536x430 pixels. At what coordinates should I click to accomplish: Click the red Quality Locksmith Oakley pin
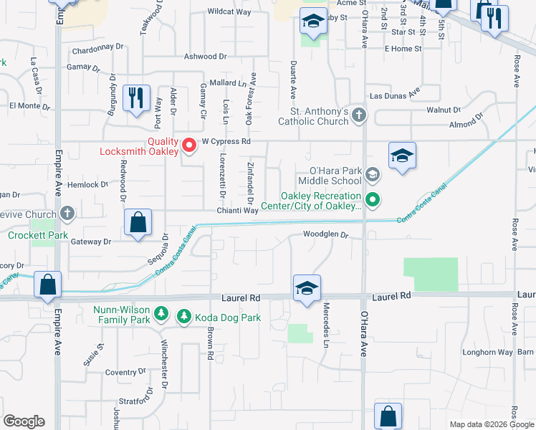click(x=190, y=145)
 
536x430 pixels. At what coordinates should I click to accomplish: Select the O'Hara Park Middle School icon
click(x=372, y=175)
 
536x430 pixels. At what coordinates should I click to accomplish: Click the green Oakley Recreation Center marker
click(x=372, y=199)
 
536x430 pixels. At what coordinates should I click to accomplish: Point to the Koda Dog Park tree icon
click(x=183, y=315)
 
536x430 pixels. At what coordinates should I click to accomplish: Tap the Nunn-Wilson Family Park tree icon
click(x=162, y=314)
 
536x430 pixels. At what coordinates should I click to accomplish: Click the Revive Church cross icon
click(x=67, y=214)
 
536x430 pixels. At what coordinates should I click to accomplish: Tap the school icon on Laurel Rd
click(x=307, y=288)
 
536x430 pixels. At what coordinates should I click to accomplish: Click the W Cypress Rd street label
click(x=226, y=141)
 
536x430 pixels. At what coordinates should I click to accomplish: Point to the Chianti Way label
click(x=237, y=211)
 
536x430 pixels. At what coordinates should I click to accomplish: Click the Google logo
click(x=24, y=421)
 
